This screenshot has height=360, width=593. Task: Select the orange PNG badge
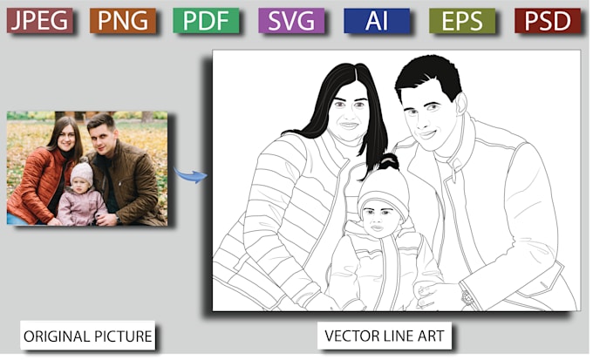click(x=122, y=19)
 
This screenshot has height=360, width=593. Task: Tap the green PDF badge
click(x=207, y=19)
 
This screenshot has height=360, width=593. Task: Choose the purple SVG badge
click(x=292, y=19)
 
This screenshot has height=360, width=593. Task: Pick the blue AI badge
click(x=377, y=19)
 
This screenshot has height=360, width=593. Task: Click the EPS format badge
click(x=462, y=19)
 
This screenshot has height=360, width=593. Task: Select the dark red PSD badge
click(x=547, y=19)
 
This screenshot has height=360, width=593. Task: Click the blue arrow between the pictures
click(x=190, y=174)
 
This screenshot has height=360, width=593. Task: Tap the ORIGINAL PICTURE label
click(x=88, y=335)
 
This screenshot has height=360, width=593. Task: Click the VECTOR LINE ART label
click(x=385, y=335)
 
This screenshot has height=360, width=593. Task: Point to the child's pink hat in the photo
click(x=82, y=172)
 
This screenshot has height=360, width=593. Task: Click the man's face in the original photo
click(x=103, y=135)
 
